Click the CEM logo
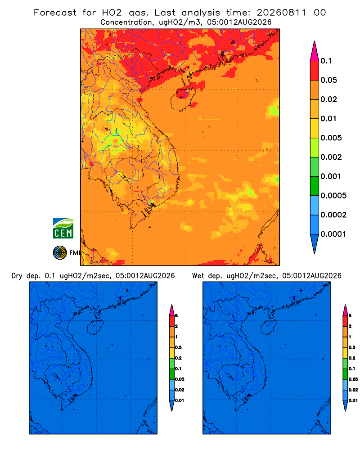click(63, 229)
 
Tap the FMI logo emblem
click(60, 252)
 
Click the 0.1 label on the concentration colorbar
click(326, 61)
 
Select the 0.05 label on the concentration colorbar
click(328, 80)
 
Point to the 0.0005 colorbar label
click(333, 196)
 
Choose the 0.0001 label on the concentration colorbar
click(333, 234)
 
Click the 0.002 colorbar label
click(331, 157)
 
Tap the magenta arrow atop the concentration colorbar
click(315, 51)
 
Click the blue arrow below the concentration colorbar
click(315, 243)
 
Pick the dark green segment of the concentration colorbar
click(315, 186)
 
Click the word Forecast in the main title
click(55, 13)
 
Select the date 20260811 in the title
click(281, 13)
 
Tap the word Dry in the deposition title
click(17, 276)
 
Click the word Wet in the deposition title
click(198, 276)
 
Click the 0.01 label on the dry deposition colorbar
click(180, 400)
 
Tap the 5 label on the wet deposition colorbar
click(350, 316)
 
